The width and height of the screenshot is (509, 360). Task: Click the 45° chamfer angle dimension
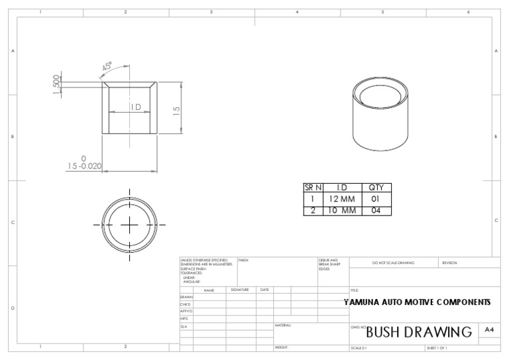(x=107, y=68)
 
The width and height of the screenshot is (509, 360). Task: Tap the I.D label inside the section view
(x=135, y=107)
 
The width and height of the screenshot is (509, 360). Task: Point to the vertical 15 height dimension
(x=176, y=109)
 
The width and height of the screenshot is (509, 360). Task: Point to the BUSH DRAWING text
(x=419, y=331)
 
